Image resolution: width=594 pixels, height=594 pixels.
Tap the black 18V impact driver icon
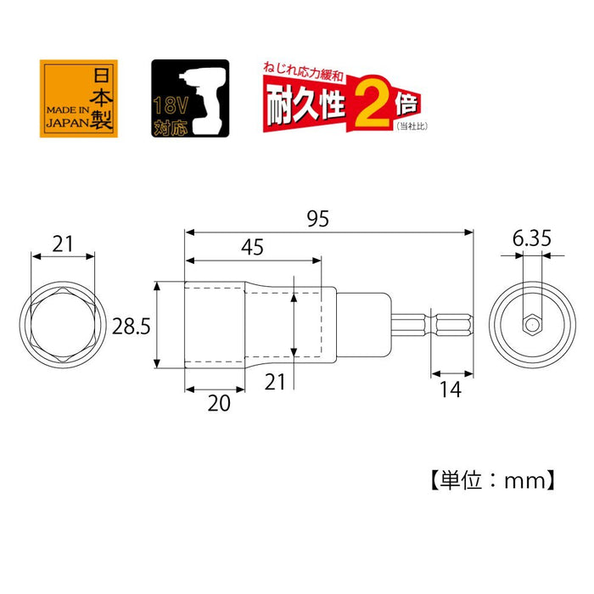(x=189, y=98)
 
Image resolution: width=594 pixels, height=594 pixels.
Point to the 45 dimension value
(x=252, y=248)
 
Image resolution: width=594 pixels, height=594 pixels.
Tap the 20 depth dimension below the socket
(x=219, y=404)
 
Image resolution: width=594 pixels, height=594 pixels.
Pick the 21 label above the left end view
(x=62, y=245)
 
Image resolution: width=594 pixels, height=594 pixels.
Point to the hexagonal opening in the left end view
(x=63, y=325)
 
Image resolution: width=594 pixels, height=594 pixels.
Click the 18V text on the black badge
(x=166, y=107)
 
